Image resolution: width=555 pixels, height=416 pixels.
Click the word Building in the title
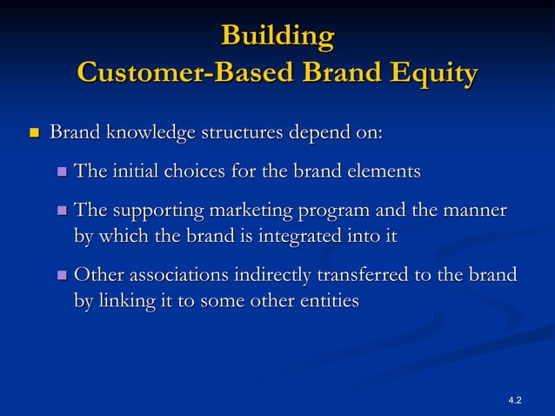[277, 37]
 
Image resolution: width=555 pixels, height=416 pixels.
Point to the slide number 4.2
[514, 399]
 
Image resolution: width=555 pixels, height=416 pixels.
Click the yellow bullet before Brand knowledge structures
[35, 135]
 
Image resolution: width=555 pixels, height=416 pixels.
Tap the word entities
[327, 301]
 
